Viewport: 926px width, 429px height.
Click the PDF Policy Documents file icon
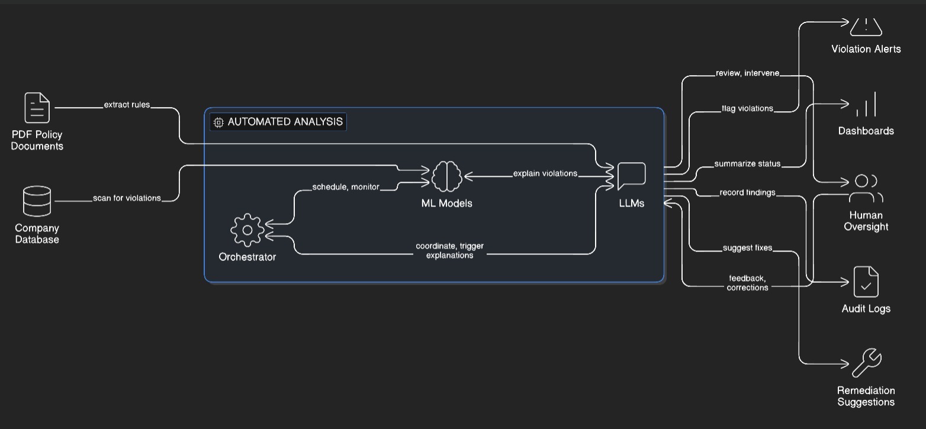tap(37, 108)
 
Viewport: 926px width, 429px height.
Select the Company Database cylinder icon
tap(37, 201)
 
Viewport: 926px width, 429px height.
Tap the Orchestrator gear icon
tap(247, 230)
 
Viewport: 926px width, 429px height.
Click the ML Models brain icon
tap(446, 176)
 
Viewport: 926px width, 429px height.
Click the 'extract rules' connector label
tap(127, 105)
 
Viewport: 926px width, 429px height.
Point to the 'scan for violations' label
tap(127, 198)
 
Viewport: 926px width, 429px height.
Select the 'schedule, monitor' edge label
tap(346, 187)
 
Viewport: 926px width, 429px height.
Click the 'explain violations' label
tap(545, 173)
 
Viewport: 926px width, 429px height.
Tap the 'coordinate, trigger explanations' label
tap(449, 250)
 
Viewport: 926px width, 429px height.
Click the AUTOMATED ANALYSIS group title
tap(285, 121)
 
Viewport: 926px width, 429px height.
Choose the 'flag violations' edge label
tap(747, 109)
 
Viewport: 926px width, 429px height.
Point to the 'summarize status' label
tap(747, 164)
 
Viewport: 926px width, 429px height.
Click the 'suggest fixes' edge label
tap(747, 248)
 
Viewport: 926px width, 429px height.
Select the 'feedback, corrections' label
tap(747, 283)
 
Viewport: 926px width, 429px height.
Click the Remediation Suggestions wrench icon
tap(866, 363)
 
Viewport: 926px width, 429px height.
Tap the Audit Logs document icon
tap(866, 282)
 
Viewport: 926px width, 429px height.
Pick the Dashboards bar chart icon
tap(866, 105)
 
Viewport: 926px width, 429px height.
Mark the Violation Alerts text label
tap(866, 49)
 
